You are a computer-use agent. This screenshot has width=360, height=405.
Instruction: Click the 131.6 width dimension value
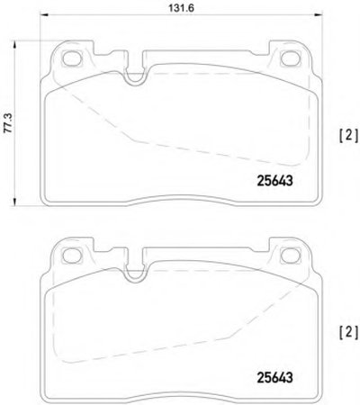point(181,8)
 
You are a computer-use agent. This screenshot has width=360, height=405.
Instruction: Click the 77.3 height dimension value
point(8,122)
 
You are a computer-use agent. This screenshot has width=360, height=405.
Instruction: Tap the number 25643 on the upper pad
point(274,181)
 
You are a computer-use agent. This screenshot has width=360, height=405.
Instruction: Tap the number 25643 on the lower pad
point(274,378)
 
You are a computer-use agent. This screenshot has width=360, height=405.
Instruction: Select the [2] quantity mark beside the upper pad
point(348,135)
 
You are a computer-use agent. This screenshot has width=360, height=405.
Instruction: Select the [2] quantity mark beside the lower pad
point(348,332)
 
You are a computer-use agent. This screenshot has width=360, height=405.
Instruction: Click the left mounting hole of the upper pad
point(72,58)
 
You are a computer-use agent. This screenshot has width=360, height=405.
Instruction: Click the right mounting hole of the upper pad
point(290,58)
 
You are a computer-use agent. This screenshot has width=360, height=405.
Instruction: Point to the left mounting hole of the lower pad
point(72,255)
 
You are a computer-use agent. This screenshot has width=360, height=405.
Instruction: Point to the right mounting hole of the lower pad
point(290,255)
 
